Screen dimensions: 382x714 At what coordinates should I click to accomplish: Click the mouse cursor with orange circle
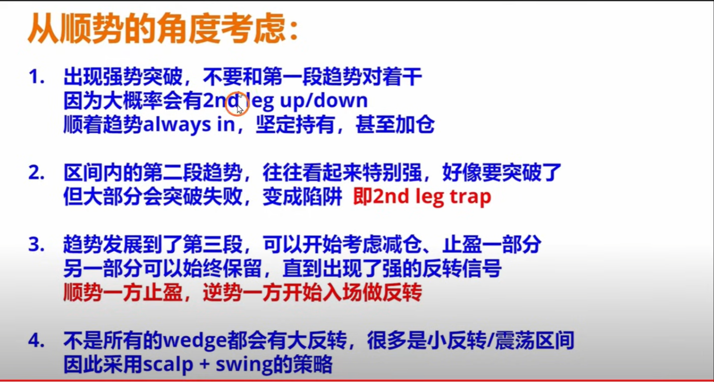click(x=237, y=103)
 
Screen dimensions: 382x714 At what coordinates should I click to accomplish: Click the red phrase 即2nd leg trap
click(x=422, y=197)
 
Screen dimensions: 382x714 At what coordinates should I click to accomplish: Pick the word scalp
click(x=169, y=365)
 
